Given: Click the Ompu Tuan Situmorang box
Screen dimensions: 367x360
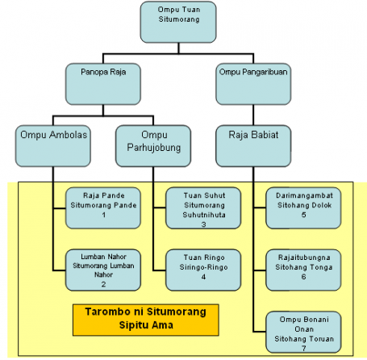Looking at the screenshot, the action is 178,22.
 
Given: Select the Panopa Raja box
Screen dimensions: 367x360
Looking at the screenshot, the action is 103,84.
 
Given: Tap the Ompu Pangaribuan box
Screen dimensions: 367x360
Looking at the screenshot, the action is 253,84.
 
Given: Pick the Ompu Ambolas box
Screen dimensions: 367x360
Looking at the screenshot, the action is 53,146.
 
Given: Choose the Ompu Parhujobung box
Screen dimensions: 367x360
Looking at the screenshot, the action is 153,146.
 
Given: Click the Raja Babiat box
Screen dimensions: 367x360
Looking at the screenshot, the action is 253,146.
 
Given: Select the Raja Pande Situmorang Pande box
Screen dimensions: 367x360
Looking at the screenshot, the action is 103,208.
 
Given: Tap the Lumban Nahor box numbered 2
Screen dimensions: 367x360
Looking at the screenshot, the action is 103,270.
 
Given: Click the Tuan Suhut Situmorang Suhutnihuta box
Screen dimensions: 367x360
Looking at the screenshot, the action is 203,208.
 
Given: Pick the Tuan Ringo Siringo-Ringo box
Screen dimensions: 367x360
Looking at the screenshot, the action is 203,270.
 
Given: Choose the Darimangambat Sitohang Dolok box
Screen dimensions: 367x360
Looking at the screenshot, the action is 303,208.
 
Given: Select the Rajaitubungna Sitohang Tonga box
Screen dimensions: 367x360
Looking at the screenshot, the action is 303,270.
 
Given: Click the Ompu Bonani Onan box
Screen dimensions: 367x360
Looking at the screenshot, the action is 303,332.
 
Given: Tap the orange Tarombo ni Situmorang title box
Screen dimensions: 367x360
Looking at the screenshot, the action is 146,320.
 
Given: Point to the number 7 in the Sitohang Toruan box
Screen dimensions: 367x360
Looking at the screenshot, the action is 303,348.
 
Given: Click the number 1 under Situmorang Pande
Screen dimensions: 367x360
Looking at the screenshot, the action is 103,215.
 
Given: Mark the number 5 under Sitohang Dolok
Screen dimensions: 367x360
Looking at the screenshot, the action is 303,215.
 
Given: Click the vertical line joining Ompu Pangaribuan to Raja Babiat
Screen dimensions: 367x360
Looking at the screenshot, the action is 253,115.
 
